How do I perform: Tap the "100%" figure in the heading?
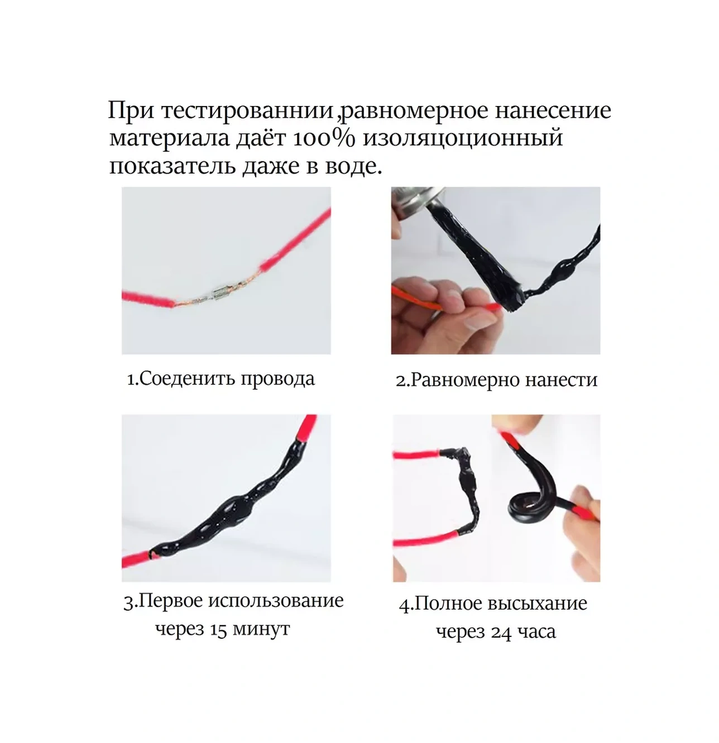pyautogui.click(x=324, y=138)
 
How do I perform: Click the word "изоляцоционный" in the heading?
pyautogui.click(x=463, y=139)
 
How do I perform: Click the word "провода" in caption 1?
pyautogui.click(x=277, y=379)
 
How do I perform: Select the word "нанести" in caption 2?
pyautogui.click(x=560, y=380)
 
